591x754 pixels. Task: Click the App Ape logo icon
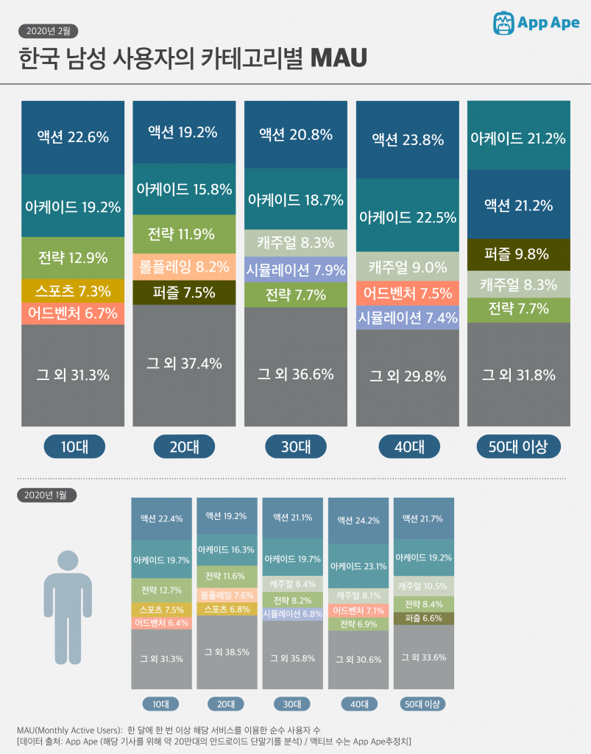click(504, 22)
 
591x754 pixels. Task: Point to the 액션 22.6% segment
click(73, 137)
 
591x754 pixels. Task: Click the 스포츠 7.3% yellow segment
click(73, 291)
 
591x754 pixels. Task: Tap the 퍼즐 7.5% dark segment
click(184, 292)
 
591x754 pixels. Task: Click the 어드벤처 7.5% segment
click(408, 293)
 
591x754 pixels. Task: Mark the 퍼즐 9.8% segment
click(518, 255)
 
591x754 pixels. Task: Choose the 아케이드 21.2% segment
click(518, 138)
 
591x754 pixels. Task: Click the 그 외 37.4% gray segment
click(184, 364)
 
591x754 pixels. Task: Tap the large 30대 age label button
click(295, 446)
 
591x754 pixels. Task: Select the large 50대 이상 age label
click(518, 446)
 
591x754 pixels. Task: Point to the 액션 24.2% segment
click(358, 521)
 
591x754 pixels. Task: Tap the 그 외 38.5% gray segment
click(226, 652)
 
